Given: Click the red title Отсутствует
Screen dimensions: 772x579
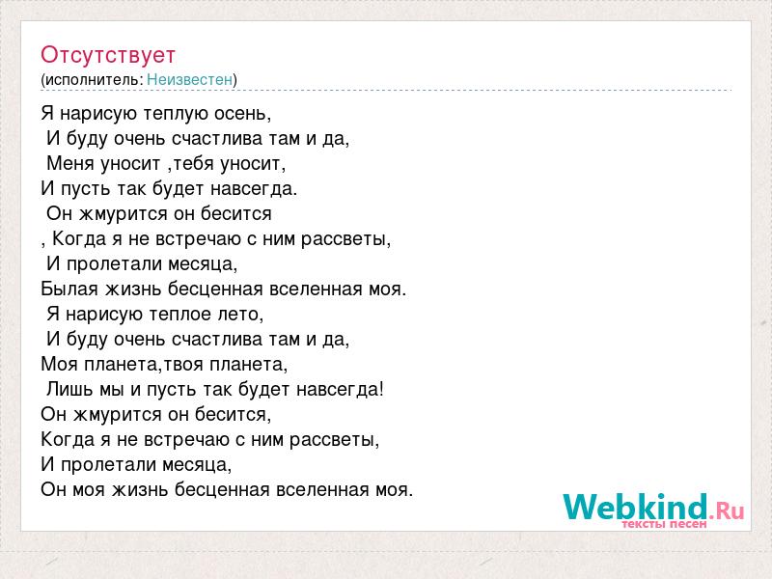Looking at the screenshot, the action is pyautogui.click(x=108, y=55).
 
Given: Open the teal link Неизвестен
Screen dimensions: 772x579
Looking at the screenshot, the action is pyautogui.click(x=189, y=79).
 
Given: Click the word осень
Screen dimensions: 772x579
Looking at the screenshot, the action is pyautogui.click(x=242, y=114).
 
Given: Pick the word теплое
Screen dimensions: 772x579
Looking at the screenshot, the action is pyautogui.click(x=180, y=315).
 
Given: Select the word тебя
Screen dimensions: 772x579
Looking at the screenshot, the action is pyautogui.click(x=194, y=163).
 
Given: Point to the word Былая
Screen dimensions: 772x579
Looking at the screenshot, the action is pyautogui.click(x=69, y=289).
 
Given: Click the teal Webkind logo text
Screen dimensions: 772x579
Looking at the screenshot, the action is pyautogui.click(x=635, y=507).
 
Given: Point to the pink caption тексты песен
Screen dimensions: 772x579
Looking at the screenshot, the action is pyautogui.click(x=664, y=524).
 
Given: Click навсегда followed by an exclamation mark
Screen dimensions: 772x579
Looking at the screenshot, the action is pyautogui.click(x=341, y=390).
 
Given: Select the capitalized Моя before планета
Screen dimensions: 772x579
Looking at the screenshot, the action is pyautogui.click(x=60, y=365).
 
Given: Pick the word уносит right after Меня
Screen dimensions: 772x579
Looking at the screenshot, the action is pyautogui.click(x=131, y=163).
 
